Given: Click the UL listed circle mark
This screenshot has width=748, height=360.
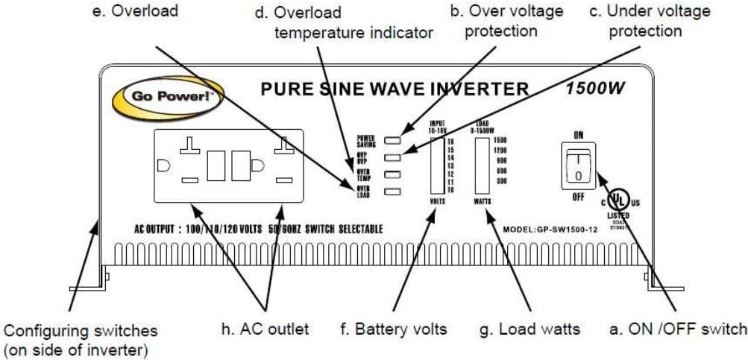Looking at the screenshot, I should (x=617, y=200).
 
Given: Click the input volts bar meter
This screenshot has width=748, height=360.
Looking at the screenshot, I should (x=436, y=166).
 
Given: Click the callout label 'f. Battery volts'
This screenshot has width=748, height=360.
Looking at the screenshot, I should (x=400, y=328).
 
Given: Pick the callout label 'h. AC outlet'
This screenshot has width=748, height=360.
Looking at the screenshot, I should (x=268, y=328).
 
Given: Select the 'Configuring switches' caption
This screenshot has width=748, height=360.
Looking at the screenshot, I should (x=81, y=329).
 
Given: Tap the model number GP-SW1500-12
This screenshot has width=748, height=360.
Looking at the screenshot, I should (x=550, y=231).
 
